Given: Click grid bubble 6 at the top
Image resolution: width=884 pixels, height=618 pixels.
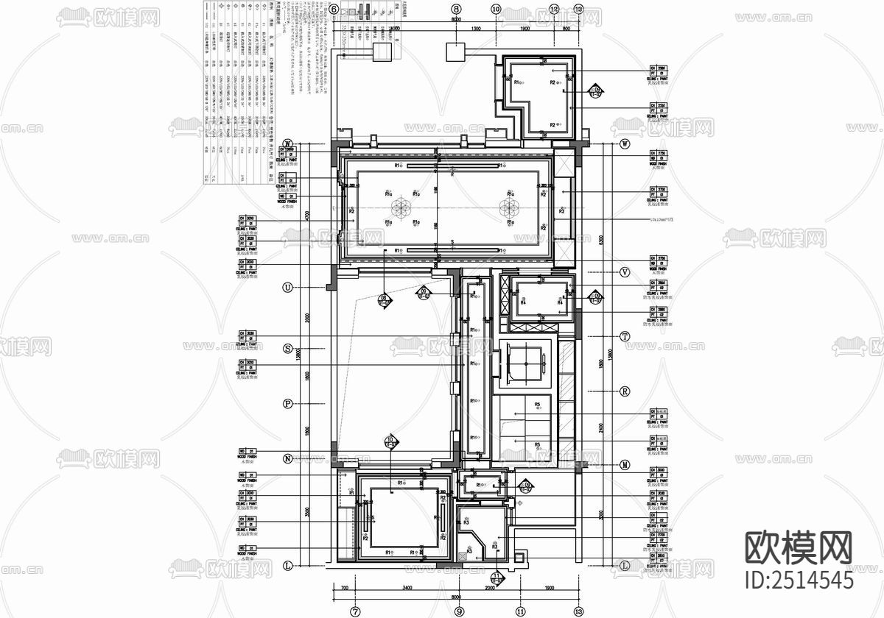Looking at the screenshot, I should [334, 10].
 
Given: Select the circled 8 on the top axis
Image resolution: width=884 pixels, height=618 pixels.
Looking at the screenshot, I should [456, 10].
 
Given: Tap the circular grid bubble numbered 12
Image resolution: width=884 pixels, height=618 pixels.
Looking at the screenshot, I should [554, 10].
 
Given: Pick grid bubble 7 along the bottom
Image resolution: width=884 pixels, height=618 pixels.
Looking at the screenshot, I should [354, 611].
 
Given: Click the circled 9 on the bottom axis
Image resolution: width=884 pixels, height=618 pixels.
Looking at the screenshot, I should [459, 611].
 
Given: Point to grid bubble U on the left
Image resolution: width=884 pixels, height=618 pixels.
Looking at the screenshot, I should [288, 287].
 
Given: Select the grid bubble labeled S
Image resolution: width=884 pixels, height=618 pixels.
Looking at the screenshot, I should [288, 348].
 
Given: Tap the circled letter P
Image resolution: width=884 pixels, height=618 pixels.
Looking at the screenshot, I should [288, 403].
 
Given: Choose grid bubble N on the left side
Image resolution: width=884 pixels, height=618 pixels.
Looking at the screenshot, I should [288, 458].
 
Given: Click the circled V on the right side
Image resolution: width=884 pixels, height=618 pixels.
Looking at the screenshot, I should [625, 272].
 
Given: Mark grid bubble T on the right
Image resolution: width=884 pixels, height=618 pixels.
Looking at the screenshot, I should [625, 336].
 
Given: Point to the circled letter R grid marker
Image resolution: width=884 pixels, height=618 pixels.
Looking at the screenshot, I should [625, 391].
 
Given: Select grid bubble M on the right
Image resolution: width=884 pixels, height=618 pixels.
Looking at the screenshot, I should [625, 465].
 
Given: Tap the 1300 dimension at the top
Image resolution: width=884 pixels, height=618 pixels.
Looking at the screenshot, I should [476, 28].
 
